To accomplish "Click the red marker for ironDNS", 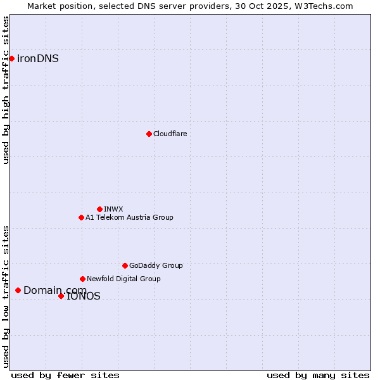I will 11,58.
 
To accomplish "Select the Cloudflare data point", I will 149,134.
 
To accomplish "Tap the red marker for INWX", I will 99,209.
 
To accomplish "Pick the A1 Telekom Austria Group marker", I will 81,217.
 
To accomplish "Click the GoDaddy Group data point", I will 125,265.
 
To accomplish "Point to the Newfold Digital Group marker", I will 82,279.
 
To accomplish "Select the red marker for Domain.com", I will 18,290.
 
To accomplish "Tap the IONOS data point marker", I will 61,296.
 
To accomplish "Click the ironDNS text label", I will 38,59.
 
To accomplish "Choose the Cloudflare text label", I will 170,134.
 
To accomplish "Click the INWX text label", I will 113,209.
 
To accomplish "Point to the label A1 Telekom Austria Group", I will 129,217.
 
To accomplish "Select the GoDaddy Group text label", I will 156,265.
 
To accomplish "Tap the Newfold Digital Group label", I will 123,279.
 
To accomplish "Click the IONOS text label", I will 84,296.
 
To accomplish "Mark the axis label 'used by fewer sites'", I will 65,375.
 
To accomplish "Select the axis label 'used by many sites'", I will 318,375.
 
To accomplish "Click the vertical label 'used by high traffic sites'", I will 6,90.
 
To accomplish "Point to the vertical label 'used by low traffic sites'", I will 6,296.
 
